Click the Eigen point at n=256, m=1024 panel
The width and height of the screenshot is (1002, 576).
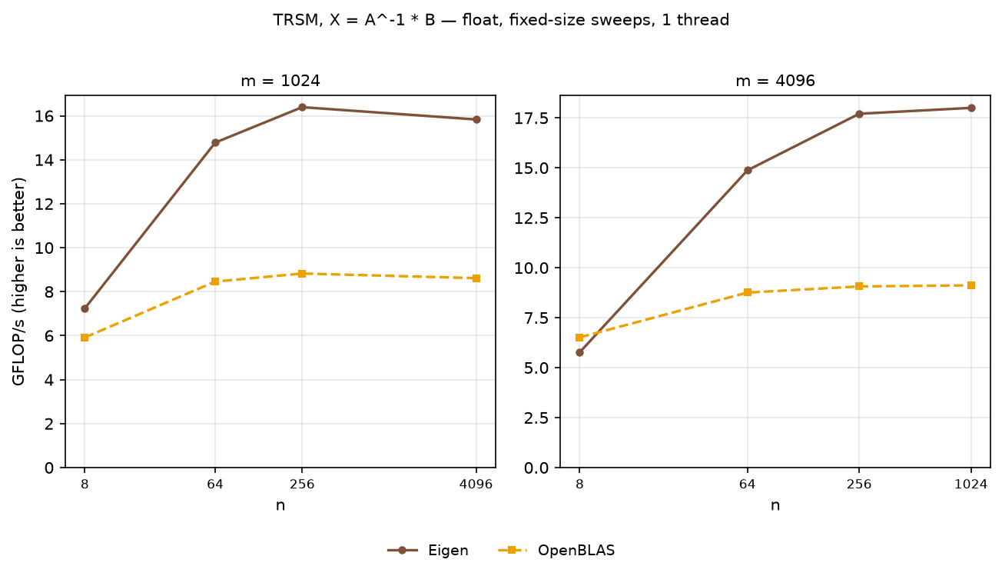(302, 108)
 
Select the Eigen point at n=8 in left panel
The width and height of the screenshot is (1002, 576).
(85, 309)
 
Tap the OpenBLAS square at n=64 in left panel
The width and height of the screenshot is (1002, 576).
(215, 281)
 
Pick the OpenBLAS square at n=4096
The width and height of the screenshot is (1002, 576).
(476, 278)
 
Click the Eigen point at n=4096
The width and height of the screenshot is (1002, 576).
(476, 119)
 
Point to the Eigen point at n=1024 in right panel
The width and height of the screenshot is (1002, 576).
(971, 108)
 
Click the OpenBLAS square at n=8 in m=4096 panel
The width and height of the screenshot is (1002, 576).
(579, 338)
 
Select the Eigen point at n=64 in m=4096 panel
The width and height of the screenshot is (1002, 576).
(748, 170)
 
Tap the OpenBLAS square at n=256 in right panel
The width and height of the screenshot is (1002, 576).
(859, 286)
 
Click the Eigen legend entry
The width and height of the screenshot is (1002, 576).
(428, 550)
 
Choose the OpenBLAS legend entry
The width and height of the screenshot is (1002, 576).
(556, 550)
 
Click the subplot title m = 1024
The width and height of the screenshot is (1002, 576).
(280, 81)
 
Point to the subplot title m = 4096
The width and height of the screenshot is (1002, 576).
(775, 81)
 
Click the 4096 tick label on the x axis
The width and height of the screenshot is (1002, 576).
(476, 484)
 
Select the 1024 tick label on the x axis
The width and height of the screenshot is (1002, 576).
(971, 484)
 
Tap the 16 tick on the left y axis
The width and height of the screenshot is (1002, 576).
(45, 116)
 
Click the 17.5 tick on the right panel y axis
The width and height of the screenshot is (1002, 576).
(531, 118)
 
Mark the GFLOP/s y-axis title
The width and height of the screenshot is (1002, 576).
(18, 281)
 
